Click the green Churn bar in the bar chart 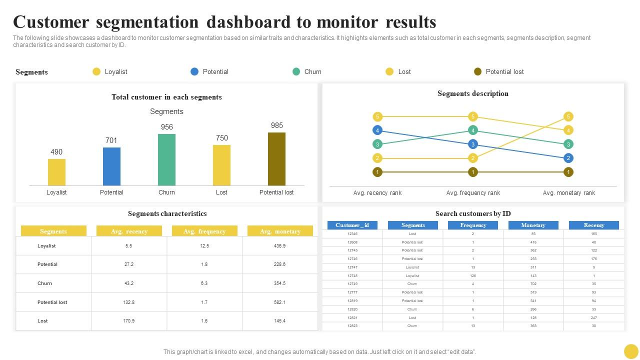(x=166, y=159)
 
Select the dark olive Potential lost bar (x=276, y=158)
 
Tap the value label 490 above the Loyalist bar (x=56, y=152)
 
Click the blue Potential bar (x=111, y=166)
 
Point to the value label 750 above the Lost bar (x=221, y=138)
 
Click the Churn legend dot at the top (x=296, y=71)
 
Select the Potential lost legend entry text (x=504, y=71)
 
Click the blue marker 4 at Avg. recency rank (x=377, y=130)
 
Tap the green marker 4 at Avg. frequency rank (x=473, y=130)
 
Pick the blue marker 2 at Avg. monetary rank (x=568, y=158)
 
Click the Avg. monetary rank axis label (x=568, y=193)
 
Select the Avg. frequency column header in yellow (x=204, y=231)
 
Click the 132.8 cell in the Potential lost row (x=129, y=302)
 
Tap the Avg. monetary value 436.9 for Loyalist (x=279, y=246)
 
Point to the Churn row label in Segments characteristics (x=44, y=283)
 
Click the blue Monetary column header (x=533, y=225)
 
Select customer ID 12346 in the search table (x=352, y=233)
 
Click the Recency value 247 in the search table (x=593, y=317)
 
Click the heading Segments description (x=472, y=93)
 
